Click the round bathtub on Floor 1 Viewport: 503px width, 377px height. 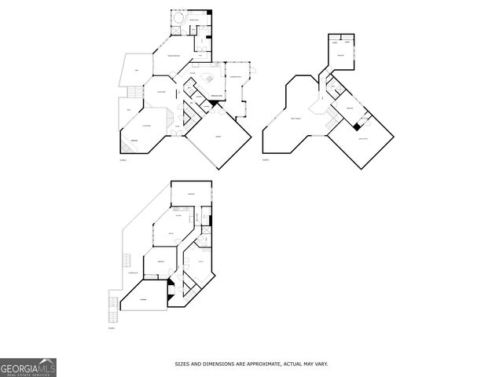[x=178, y=18]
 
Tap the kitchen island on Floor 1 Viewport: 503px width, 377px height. [x=209, y=78]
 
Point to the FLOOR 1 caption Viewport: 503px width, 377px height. [x=123, y=159]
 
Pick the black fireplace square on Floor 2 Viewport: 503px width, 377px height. [x=358, y=126]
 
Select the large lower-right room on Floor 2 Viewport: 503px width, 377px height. [x=361, y=141]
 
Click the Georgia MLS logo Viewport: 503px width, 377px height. [x=28, y=367]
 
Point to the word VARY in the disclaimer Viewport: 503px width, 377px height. [x=321, y=364]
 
